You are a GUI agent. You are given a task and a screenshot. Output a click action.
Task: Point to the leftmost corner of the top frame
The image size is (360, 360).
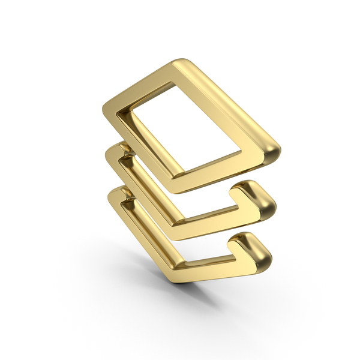point(110,108)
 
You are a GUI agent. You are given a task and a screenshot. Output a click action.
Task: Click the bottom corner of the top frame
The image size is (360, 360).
point(180,182)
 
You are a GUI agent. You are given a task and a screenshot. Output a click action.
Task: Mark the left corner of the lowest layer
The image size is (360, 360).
point(110,198)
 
